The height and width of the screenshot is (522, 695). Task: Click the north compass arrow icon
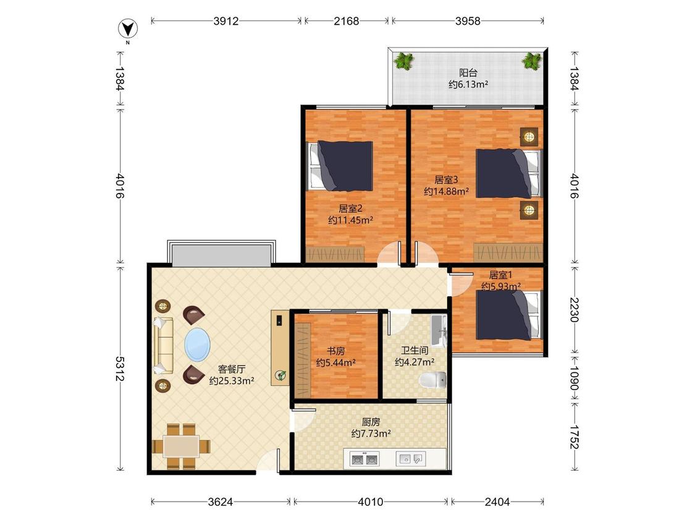tap(128, 29)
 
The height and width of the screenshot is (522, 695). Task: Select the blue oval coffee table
tap(197, 344)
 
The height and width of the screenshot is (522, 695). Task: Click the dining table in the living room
tap(181, 447)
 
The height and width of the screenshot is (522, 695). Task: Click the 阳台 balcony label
tap(468, 72)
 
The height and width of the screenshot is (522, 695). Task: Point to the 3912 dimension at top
tap(225, 21)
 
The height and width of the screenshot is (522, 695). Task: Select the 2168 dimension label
tap(346, 21)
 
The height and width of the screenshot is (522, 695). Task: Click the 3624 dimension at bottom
tap(221, 502)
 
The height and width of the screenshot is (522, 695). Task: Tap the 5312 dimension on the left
tap(120, 368)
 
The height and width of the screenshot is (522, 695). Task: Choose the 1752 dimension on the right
tap(575, 437)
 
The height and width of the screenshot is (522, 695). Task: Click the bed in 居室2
tap(340, 166)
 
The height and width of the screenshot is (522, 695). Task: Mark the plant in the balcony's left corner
tap(403, 61)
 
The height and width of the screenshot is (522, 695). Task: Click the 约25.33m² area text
tap(232, 381)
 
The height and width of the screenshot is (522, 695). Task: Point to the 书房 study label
tap(335, 351)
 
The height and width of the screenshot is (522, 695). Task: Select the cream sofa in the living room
tap(163, 346)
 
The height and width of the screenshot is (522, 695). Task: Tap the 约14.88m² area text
tap(446, 191)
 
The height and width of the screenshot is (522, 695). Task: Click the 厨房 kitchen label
tap(371, 422)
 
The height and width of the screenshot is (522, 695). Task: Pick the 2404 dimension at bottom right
tap(497, 502)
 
